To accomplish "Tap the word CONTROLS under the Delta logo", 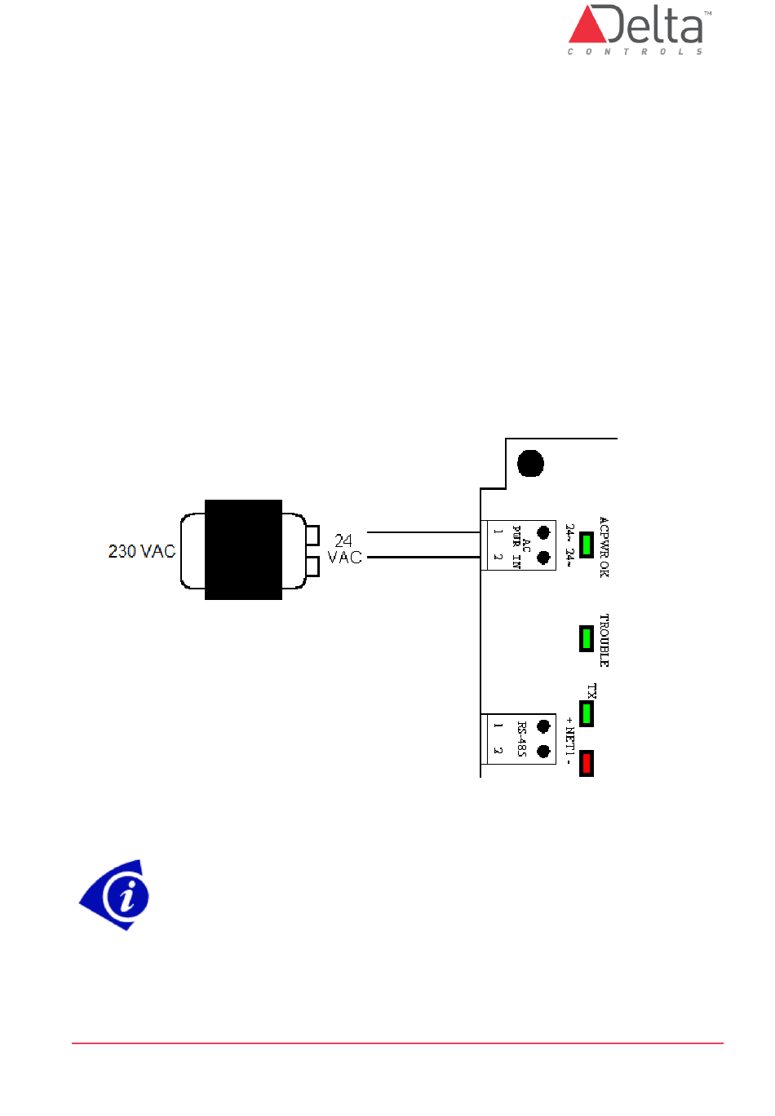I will [x=635, y=51].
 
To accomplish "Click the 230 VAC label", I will [x=142, y=551].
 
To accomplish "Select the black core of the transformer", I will [x=243, y=549].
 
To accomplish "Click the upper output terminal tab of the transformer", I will [x=312, y=535].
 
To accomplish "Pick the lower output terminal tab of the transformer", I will [x=312, y=565].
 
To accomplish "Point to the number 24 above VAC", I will [x=343, y=540].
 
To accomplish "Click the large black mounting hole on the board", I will [x=530, y=463].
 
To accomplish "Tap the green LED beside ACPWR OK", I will [x=586, y=544].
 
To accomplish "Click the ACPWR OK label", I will [x=604, y=547].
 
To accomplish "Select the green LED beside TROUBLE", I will [x=586, y=638].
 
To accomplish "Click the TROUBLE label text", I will [x=604, y=640].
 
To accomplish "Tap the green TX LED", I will [x=586, y=713].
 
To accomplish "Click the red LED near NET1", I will [x=586, y=763].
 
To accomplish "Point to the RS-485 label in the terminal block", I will [x=521, y=739].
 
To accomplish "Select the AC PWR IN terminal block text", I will [x=520, y=546].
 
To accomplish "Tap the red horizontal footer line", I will [x=397, y=1043].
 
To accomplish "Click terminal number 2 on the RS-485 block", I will [x=497, y=751].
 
